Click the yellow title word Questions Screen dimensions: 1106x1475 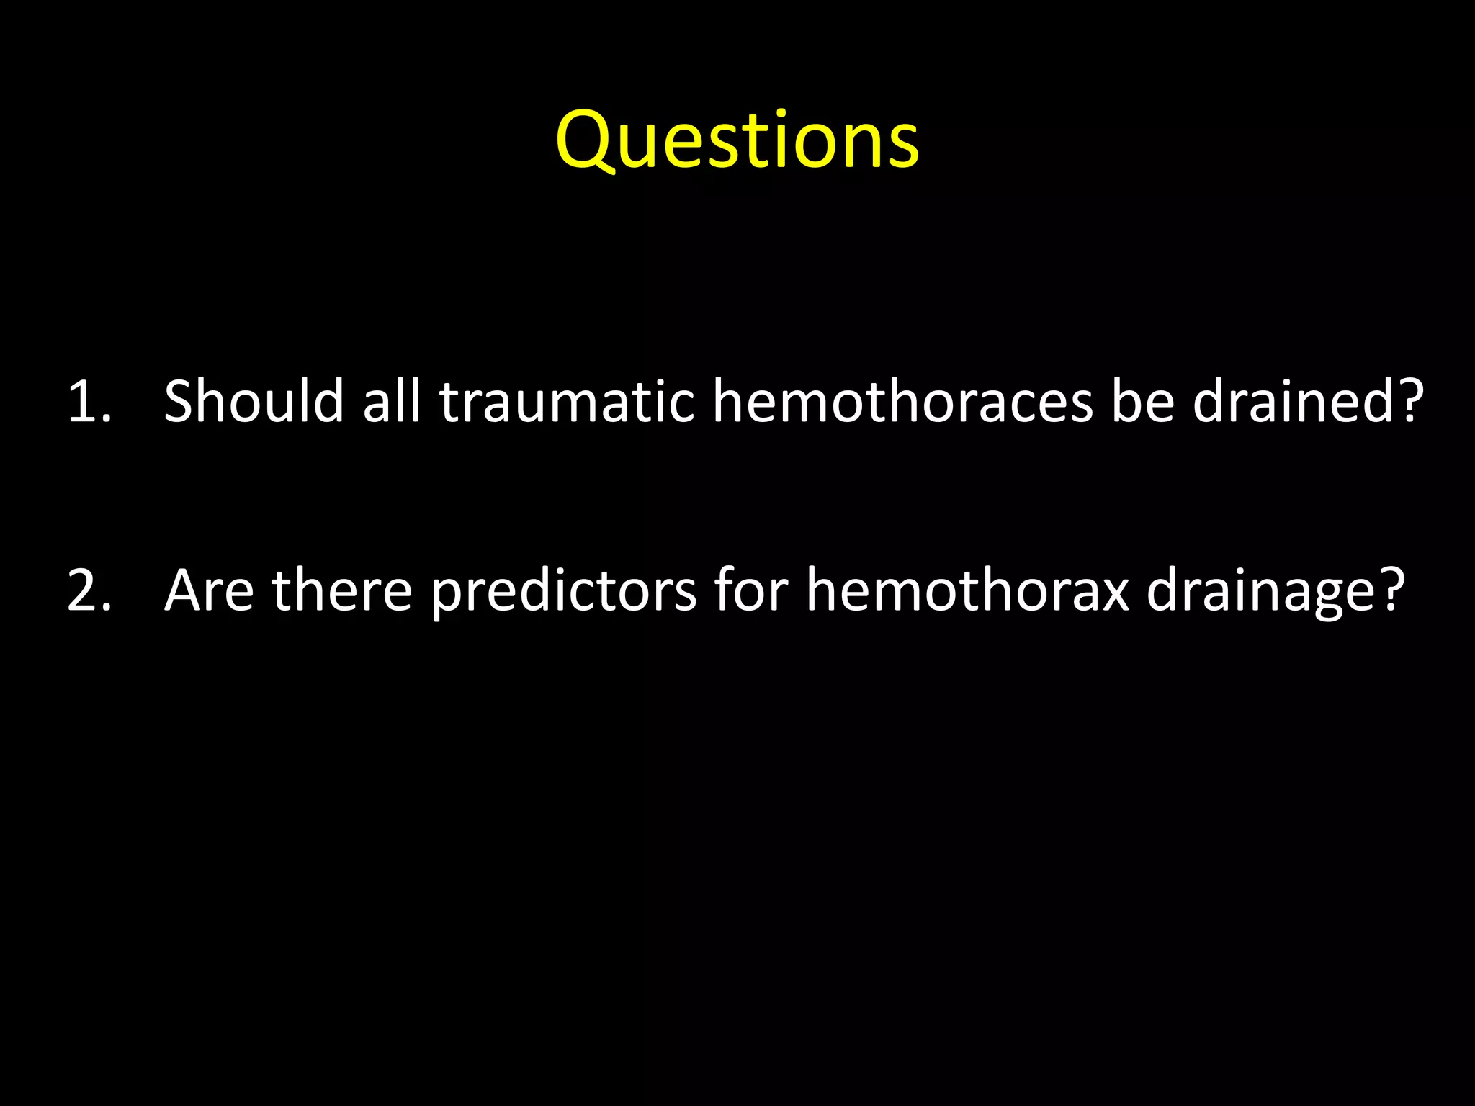(x=737, y=140)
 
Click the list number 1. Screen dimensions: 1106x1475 (x=89, y=401)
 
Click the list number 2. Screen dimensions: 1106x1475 (x=89, y=590)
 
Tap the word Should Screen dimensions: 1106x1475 (x=254, y=401)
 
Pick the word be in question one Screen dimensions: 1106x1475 (x=1143, y=401)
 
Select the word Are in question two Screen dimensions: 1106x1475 (x=209, y=590)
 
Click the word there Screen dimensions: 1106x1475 (x=341, y=590)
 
